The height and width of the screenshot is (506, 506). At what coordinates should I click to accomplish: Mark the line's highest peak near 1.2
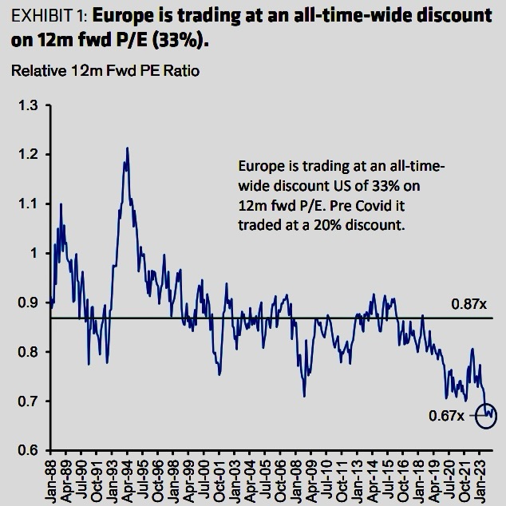pos(126,148)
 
